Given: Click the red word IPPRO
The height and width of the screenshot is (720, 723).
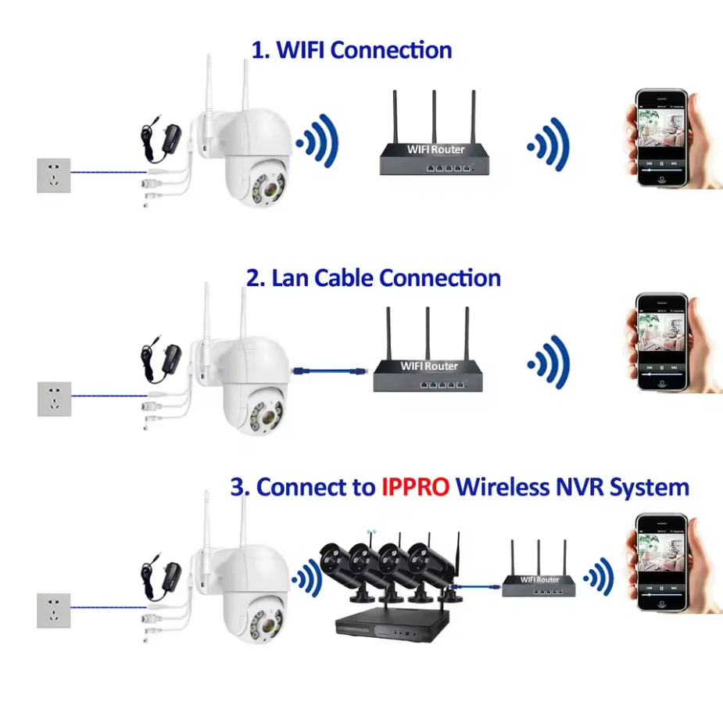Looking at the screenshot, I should point(415,488).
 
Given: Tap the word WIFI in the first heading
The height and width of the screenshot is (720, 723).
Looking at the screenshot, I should point(300,50).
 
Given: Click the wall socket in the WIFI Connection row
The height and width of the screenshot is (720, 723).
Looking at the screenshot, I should point(54,175).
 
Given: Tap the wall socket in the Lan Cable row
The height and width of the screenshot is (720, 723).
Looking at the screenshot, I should point(54,399).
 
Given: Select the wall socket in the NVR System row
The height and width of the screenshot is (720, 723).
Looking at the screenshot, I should point(54,611).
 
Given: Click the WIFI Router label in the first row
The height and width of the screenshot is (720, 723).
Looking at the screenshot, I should point(435,149).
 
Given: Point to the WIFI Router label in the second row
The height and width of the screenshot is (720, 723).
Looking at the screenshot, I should point(429,366).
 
